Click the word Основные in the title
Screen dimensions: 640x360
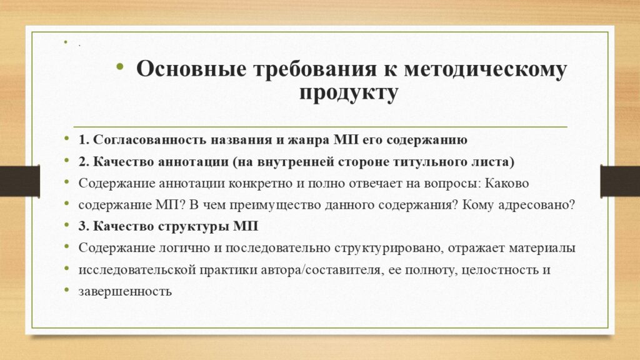191,69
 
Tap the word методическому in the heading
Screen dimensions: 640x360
485,69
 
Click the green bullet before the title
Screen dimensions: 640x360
119,67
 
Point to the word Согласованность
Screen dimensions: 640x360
150,139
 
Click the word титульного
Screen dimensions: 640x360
432,162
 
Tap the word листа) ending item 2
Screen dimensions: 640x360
495,162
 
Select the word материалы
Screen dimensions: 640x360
542,247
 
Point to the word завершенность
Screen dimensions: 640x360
125,291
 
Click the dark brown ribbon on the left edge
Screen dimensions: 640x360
20,181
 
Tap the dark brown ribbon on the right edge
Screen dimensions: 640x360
620,181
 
